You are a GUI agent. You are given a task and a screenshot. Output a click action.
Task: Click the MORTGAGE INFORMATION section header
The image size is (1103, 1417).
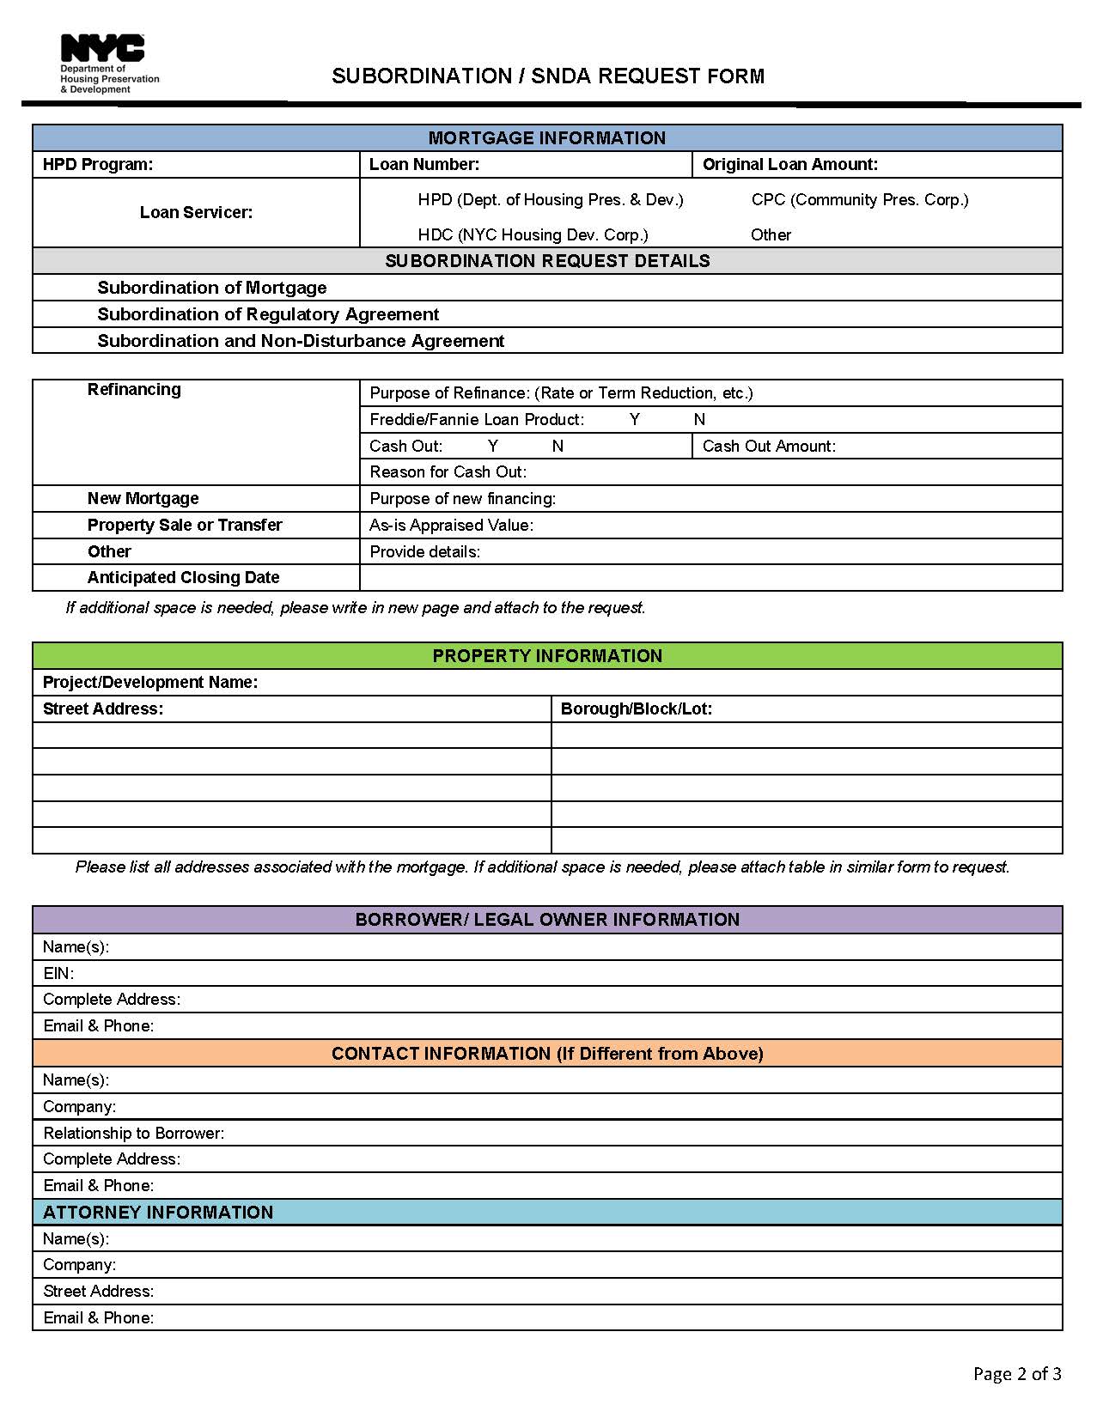(546, 138)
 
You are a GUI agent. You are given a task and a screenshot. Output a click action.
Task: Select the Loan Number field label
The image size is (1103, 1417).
(424, 165)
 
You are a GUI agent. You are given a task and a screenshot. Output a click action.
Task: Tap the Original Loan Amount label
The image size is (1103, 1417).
(789, 165)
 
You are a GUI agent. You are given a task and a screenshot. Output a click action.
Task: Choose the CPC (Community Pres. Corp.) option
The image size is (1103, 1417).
(859, 200)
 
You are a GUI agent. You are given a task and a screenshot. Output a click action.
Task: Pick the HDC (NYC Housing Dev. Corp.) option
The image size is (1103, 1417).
(533, 235)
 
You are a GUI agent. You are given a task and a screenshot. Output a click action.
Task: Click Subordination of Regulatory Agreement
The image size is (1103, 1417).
(268, 314)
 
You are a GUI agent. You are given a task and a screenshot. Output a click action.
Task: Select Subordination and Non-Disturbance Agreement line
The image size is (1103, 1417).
(301, 341)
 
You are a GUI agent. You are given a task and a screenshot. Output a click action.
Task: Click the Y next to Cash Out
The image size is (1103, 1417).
(493, 446)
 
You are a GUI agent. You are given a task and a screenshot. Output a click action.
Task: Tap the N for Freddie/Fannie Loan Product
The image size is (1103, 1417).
(699, 419)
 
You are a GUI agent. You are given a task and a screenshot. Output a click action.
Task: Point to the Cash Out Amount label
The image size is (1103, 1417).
(769, 446)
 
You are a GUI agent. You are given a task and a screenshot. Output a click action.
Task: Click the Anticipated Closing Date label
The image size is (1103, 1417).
(183, 578)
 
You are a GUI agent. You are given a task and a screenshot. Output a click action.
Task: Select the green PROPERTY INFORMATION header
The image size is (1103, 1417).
(546, 656)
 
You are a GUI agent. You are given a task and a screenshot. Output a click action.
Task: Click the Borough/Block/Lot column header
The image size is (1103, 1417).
(636, 709)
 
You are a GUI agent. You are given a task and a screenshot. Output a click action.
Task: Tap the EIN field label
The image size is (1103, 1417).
(58, 974)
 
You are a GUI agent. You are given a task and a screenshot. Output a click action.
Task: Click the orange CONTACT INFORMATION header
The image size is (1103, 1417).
(546, 1054)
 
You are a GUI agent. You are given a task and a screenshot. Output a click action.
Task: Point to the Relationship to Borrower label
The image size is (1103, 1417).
(133, 1134)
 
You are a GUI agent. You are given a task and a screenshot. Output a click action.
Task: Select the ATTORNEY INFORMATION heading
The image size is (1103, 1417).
(158, 1213)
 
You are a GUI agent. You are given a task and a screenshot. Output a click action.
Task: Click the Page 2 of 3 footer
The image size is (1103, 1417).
(1016, 1374)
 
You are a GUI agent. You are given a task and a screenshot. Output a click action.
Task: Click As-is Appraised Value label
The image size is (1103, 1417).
(451, 526)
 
